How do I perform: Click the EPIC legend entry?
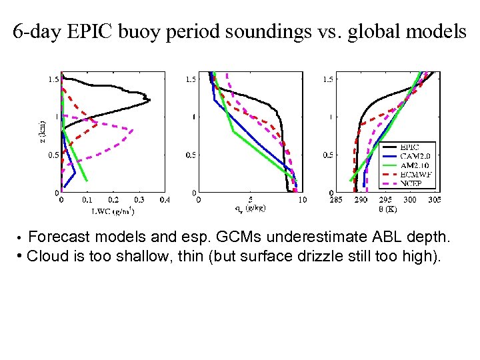point(409,147)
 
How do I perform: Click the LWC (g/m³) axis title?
point(113,212)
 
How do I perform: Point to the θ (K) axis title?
point(385,209)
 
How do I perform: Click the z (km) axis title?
point(41,131)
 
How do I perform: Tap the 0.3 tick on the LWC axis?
point(139,199)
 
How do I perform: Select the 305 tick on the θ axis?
point(434,199)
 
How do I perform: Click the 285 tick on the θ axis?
point(337,199)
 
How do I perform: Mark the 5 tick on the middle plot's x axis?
point(250,199)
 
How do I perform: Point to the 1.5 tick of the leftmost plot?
point(52,79)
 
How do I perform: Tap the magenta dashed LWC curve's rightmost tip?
point(133,130)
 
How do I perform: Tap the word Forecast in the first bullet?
point(61,237)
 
